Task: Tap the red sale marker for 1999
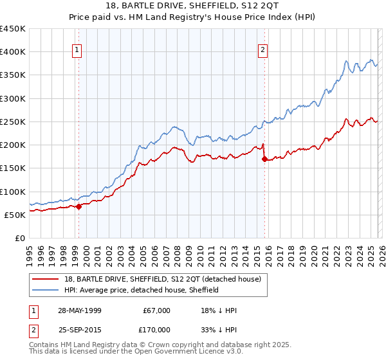coord(78,206)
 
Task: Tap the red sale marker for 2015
coord(264,159)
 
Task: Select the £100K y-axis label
coord(13,192)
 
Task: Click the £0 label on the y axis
coord(19,238)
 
